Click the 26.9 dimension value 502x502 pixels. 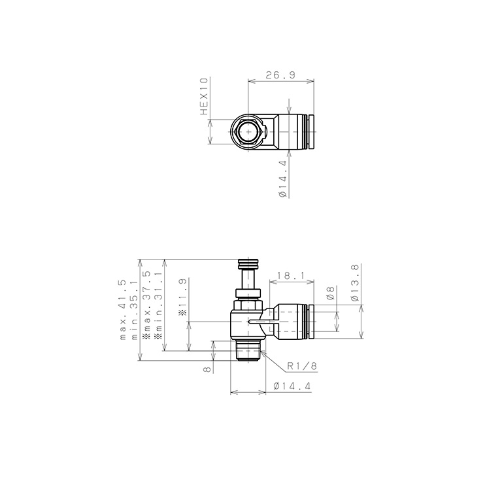click(280, 75)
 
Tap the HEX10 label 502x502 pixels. click(204, 96)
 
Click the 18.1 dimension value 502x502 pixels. click(291, 275)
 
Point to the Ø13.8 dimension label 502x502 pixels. click(354, 282)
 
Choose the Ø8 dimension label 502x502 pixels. click(331, 293)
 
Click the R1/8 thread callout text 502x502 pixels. click(302, 365)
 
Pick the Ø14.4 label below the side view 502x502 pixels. click(292, 386)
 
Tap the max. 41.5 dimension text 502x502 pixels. click(123, 310)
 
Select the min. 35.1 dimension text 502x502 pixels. click(134, 310)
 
